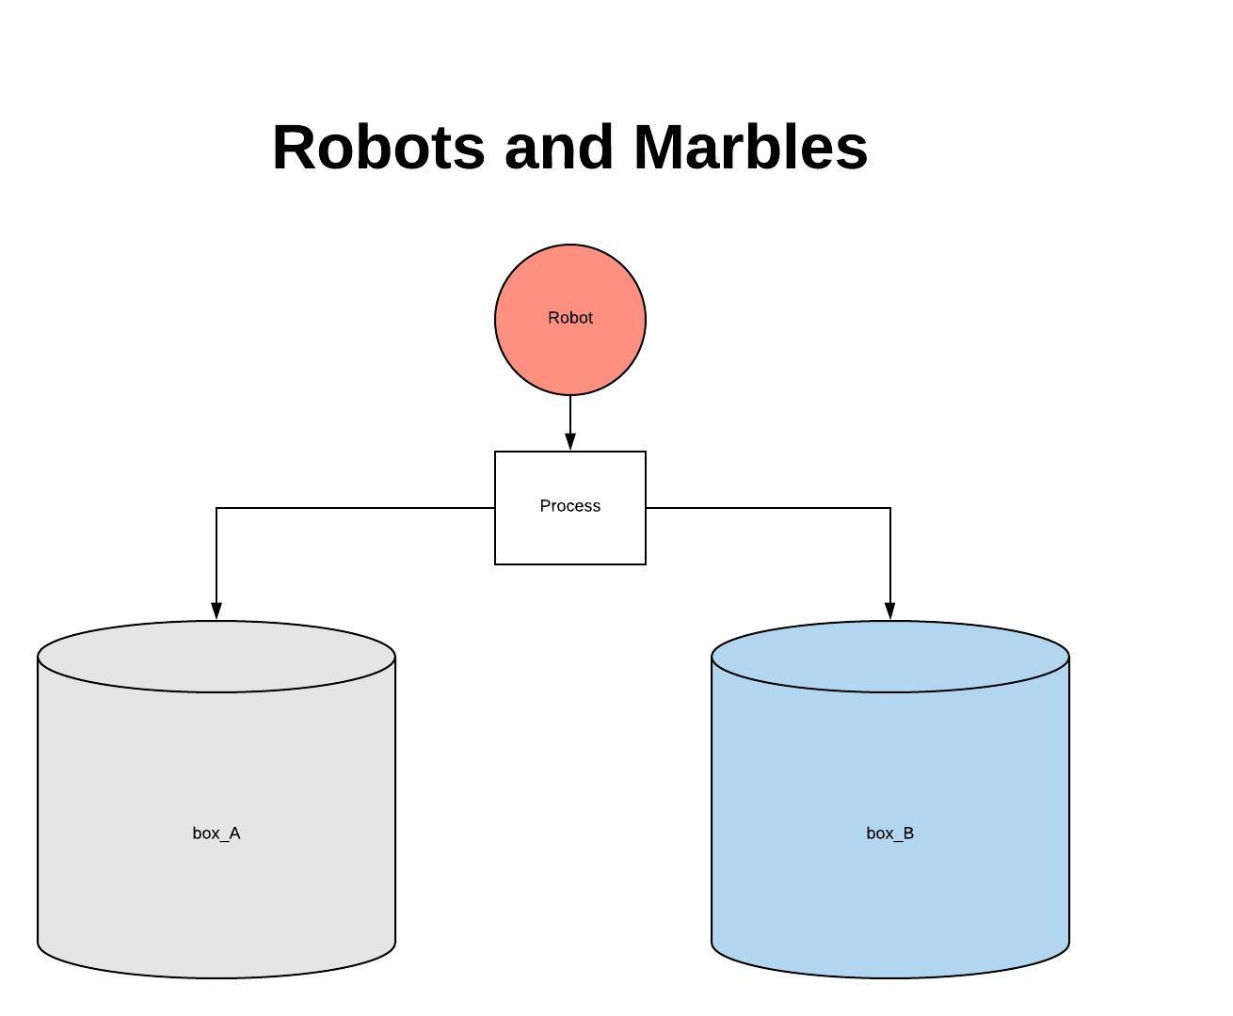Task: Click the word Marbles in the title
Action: point(750,148)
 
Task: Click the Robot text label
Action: point(570,318)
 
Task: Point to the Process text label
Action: point(570,506)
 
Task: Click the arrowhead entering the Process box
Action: point(570,441)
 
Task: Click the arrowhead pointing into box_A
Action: point(216,611)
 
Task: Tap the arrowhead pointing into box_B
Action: point(890,611)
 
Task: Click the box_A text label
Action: point(216,833)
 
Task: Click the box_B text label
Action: point(890,833)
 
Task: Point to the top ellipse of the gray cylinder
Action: point(216,657)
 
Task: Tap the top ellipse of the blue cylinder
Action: point(890,657)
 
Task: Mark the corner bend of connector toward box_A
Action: point(216,508)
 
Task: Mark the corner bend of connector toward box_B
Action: point(890,508)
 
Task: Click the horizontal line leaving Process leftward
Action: point(358,508)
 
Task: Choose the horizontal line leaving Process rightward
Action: point(767,508)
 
